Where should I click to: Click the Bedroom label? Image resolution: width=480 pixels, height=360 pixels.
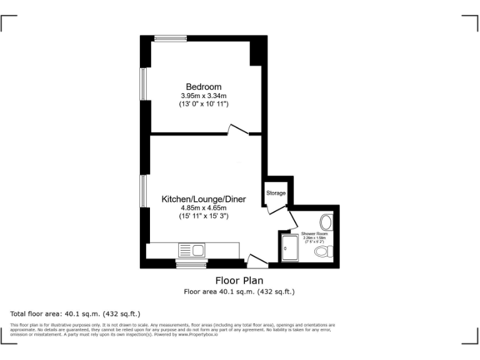coord(203,86)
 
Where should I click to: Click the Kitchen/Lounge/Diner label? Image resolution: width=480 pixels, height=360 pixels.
coord(204,199)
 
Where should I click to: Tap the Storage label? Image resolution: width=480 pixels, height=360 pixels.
coord(276,193)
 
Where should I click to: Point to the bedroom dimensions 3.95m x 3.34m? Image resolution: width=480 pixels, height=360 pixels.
coord(203,96)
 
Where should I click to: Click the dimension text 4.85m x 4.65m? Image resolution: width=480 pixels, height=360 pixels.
coord(203,208)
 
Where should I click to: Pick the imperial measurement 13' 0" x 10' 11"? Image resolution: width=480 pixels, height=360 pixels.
coord(203,104)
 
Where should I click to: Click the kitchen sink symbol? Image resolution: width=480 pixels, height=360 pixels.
coord(192,250)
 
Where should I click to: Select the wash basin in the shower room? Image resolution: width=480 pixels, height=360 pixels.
coord(326,222)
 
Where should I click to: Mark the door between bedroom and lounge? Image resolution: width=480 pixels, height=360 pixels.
coord(239,130)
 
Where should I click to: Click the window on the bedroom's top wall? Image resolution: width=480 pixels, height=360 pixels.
coord(170,39)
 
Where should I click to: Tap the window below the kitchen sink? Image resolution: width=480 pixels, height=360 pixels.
coord(191,265)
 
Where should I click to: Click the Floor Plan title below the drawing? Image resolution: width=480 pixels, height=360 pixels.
coord(239,281)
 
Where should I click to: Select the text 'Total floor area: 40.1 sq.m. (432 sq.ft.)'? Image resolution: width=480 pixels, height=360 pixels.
coord(75,313)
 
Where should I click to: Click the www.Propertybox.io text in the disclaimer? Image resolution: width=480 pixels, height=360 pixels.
coord(198,335)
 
